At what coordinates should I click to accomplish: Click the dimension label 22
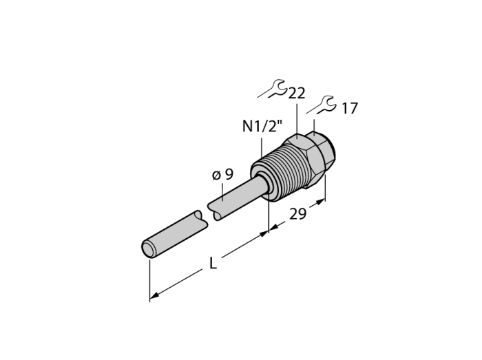pos(297,93)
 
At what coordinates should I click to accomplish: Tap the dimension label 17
pos(350,109)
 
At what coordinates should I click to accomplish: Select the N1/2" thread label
pos(262,126)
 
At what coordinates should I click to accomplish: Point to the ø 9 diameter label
pos(223,175)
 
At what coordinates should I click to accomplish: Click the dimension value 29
pos(298,214)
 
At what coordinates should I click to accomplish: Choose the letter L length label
pos(213,263)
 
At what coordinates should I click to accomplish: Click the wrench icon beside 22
pos(272,89)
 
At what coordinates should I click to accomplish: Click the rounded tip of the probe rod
pos(148,248)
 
